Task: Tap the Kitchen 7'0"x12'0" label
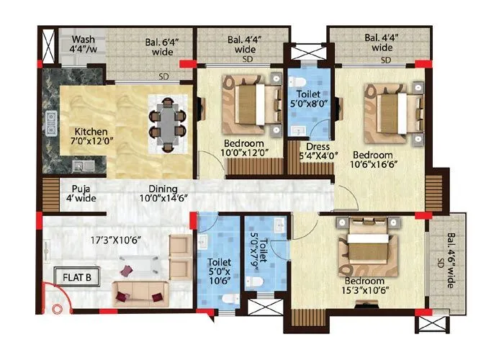point(92,138)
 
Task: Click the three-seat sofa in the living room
point(139,291)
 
